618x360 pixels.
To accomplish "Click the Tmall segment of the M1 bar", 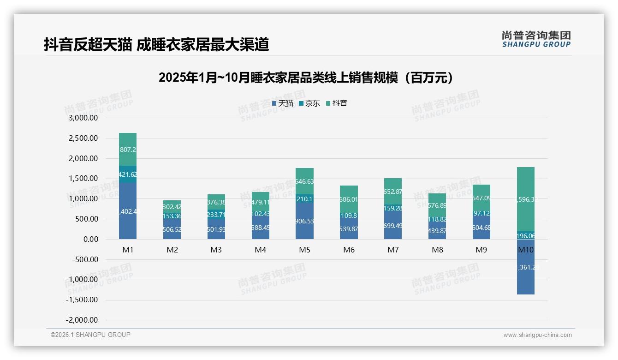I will pos(128,211).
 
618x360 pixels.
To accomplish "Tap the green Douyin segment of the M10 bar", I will pos(526,199).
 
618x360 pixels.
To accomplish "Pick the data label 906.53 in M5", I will pos(304,222).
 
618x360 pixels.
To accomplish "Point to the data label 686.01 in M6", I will pos(349,200).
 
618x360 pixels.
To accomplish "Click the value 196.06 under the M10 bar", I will pos(526,236).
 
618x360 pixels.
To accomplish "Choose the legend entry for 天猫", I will pos(283,103).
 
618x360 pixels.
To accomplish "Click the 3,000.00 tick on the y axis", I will pos(83,118).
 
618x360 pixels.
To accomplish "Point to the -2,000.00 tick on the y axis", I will pos(82,320).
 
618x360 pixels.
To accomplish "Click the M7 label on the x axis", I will pos(393,250).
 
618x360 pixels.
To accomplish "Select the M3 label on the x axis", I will pos(216,250).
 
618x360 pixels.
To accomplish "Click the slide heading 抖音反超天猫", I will pos(156,44).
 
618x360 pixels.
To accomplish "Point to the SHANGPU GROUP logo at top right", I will pos(536,39).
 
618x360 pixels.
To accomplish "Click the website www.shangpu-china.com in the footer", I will pos(537,335).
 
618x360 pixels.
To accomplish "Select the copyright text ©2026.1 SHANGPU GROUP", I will pos(90,335).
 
